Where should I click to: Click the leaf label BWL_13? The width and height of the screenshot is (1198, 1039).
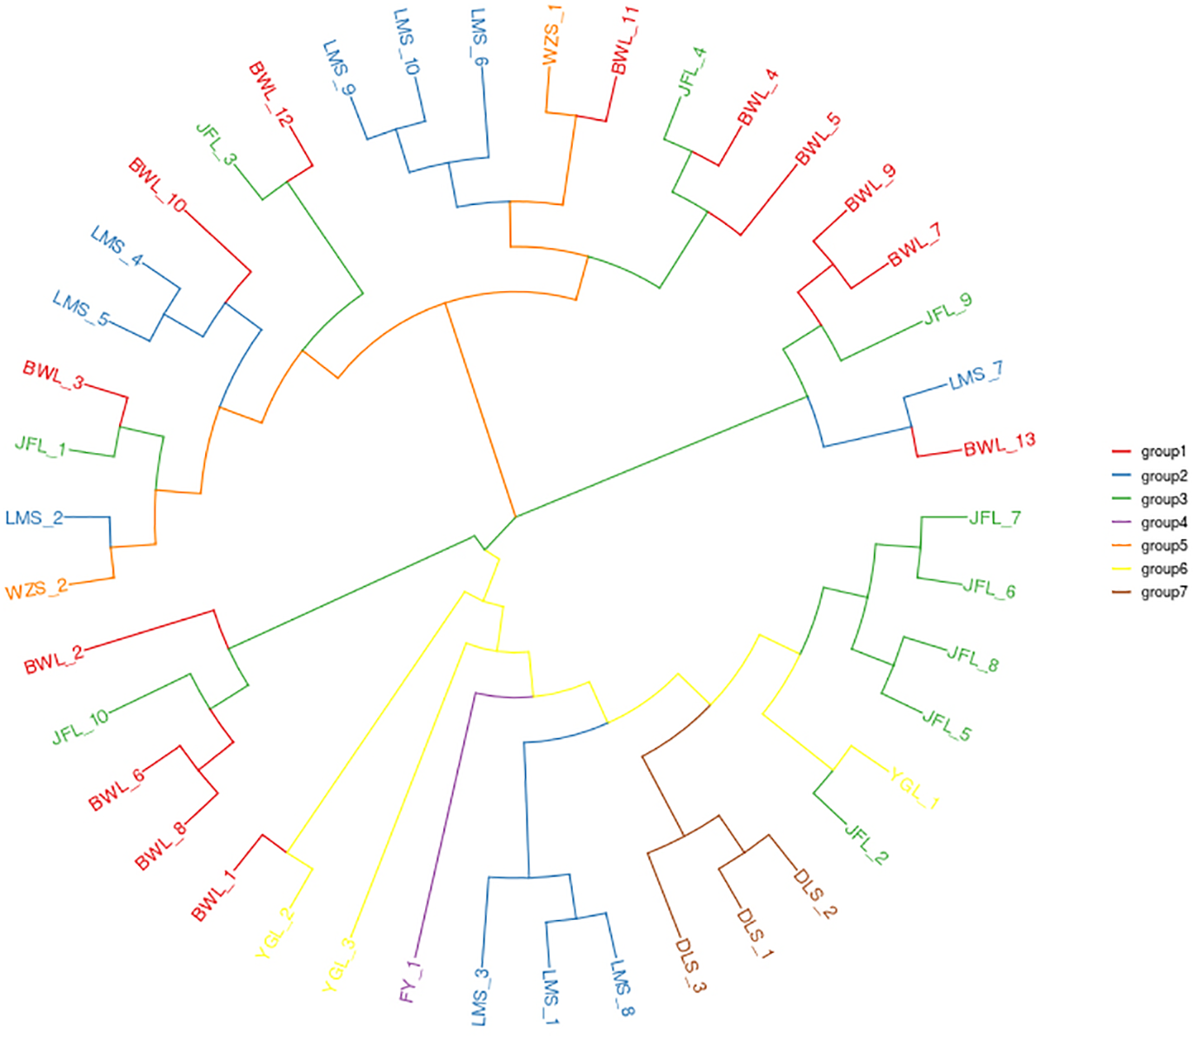(x=1000, y=444)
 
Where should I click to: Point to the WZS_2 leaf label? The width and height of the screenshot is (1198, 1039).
(x=37, y=590)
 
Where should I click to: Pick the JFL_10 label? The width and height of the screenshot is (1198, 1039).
(x=81, y=726)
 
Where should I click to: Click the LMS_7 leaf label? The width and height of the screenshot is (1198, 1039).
(x=975, y=376)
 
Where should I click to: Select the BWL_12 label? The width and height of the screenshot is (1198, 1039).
(x=268, y=94)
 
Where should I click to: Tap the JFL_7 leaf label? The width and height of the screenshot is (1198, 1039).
(x=995, y=518)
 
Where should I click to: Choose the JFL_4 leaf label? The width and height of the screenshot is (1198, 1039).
(x=692, y=71)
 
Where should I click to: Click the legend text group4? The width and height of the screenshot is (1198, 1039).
(x=1163, y=523)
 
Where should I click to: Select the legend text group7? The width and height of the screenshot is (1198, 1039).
(x=1163, y=592)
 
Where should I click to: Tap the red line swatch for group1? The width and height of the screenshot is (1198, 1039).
(x=1121, y=452)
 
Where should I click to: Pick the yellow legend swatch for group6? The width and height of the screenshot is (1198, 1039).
(x=1121, y=569)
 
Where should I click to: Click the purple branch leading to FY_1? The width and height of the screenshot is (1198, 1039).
(x=446, y=826)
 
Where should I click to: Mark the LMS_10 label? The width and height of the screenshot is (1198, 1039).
(x=406, y=41)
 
